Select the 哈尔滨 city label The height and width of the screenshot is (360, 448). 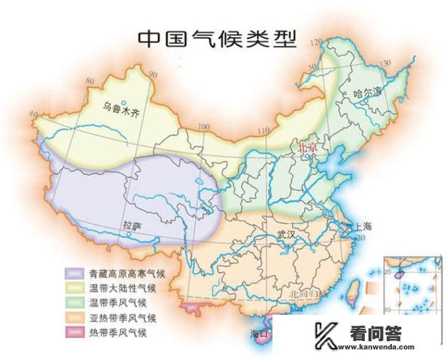(367, 93)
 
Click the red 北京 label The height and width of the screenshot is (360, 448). (306, 146)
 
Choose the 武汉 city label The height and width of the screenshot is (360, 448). (288, 235)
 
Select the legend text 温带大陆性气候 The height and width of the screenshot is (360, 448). (118, 289)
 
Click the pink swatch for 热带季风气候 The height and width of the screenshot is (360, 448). (74, 332)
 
